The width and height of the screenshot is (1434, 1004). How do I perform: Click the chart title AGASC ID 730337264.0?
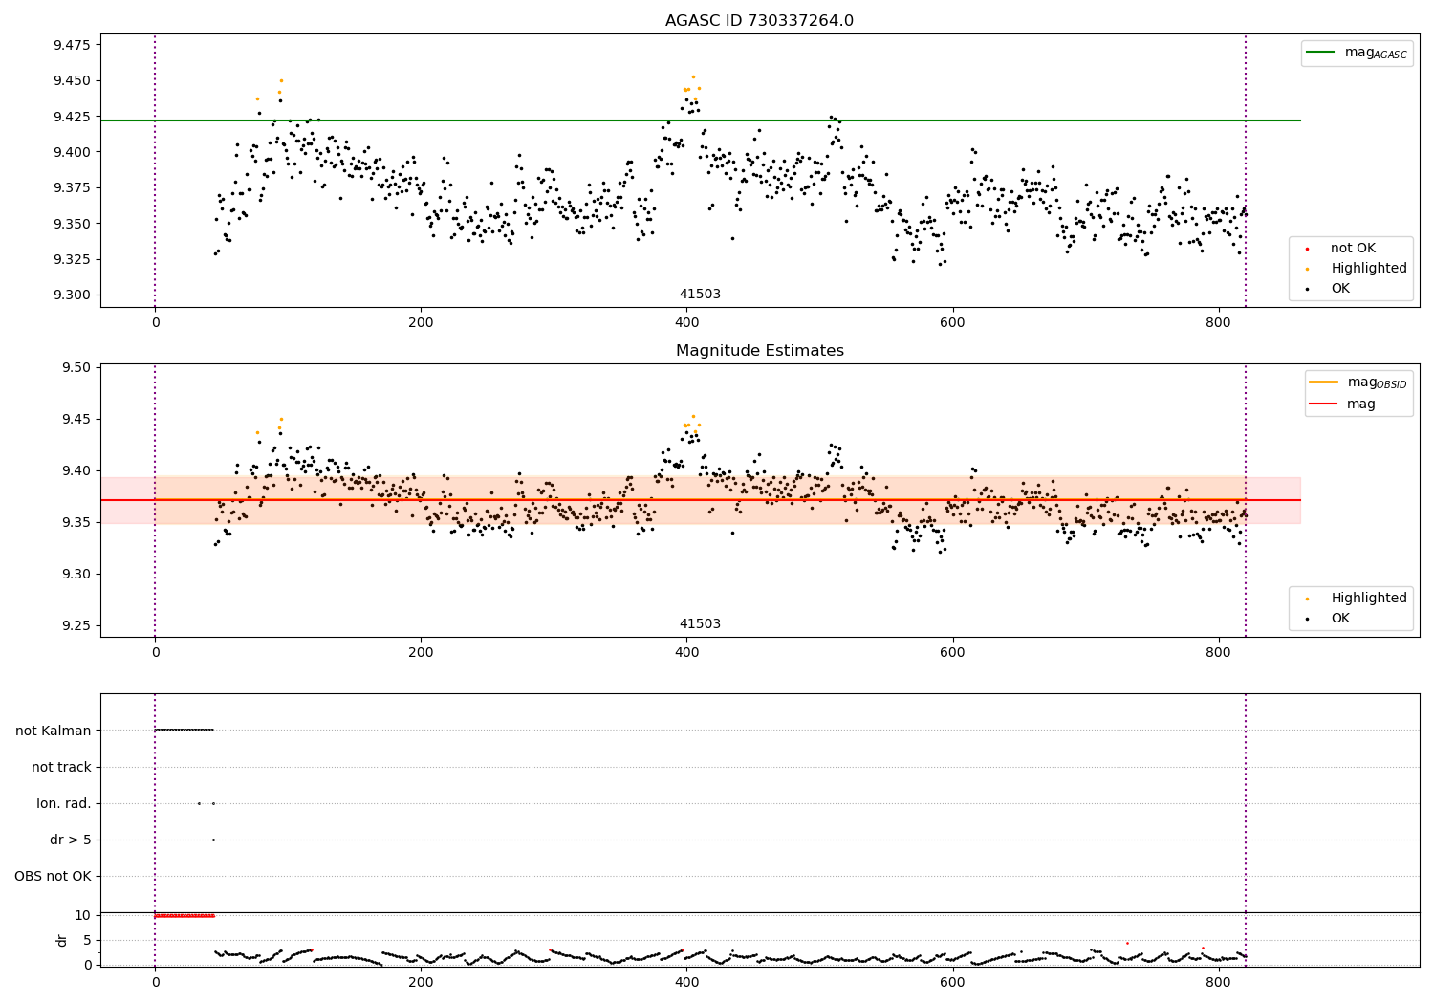pyautogui.click(x=759, y=20)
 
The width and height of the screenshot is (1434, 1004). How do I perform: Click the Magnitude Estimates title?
pyautogui.click(x=760, y=350)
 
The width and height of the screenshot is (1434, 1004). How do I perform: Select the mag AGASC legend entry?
pyautogui.click(x=1357, y=54)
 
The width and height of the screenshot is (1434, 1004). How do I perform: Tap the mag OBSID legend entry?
pyautogui.click(x=1358, y=382)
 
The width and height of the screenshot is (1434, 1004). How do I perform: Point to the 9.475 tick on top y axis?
pyautogui.click(x=72, y=45)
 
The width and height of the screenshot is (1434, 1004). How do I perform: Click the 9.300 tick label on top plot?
pyautogui.click(x=72, y=295)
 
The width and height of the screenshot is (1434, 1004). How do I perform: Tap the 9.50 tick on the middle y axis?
pyautogui.click(x=76, y=367)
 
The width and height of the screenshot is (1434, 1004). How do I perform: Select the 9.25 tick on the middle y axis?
pyautogui.click(x=76, y=625)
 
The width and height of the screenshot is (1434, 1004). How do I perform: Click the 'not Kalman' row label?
pyautogui.click(x=54, y=731)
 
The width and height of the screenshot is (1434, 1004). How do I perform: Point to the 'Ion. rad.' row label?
pyautogui.click(x=63, y=803)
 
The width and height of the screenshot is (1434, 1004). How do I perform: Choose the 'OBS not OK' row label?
pyautogui.click(x=54, y=876)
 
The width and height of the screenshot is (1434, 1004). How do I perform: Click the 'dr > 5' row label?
pyautogui.click(x=71, y=840)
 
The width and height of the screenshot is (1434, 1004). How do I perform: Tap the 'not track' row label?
pyautogui.click(x=61, y=767)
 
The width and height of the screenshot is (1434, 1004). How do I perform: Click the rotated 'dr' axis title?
pyautogui.click(x=61, y=941)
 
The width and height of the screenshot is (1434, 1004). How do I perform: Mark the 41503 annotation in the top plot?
pyautogui.click(x=700, y=294)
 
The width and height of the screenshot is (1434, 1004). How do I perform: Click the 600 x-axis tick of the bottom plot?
pyautogui.click(x=952, y=983)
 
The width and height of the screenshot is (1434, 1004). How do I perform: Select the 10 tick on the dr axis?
pyautogui.click(x=82, y=916)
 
